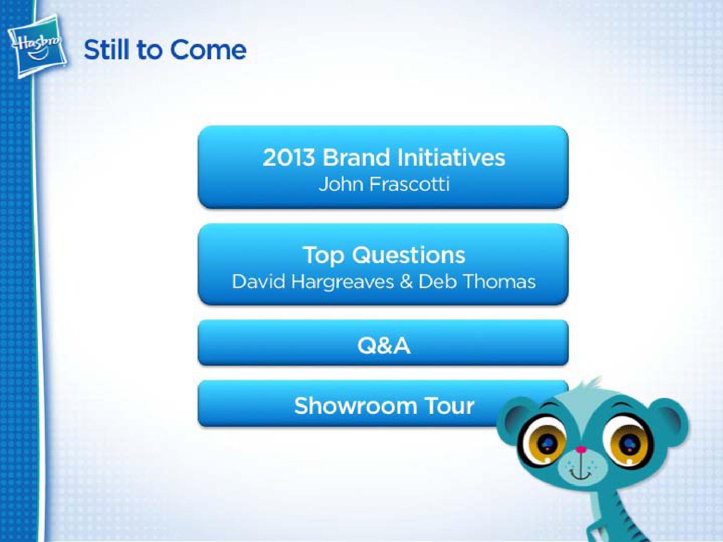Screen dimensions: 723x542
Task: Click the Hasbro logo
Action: (x=37, y=47)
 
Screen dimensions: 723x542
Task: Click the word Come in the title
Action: (x=208, y=50)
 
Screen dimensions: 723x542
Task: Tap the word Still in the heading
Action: (x=106, y=50)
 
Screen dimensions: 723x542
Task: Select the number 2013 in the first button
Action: (x=289, y=158)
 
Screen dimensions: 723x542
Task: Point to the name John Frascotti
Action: (x=384, y=185)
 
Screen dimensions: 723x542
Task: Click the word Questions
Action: (x=408, y=256)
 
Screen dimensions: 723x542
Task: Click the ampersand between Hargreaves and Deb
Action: (x=406, y=282)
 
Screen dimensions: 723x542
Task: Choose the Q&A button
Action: (x=383, y=343)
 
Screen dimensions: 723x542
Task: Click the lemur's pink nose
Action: (x=581, y=449)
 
